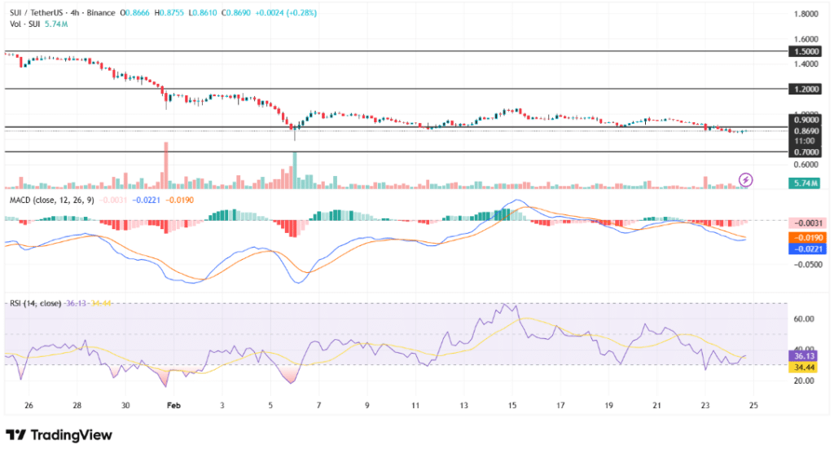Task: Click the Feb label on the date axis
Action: pos(171,404)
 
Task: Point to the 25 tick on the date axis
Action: pos(753,404)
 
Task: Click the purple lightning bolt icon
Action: pos(745,179)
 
